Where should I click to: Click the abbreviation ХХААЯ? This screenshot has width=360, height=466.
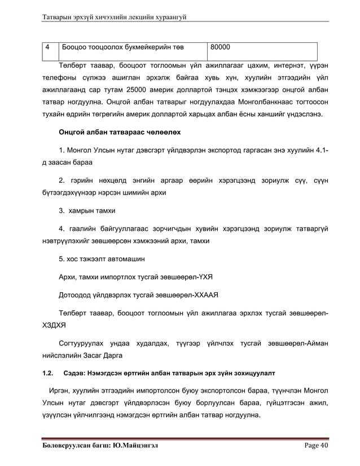click(204, 294)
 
